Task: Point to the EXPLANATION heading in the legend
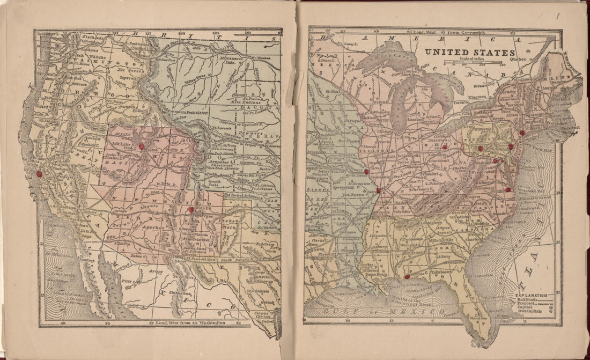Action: [x=532, y=296]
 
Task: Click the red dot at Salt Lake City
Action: [x=142, y=146]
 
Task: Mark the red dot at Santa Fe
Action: [x=191, y=210]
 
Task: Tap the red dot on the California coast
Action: [x=38, y=174]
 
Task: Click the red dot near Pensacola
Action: [x=407, y=277]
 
